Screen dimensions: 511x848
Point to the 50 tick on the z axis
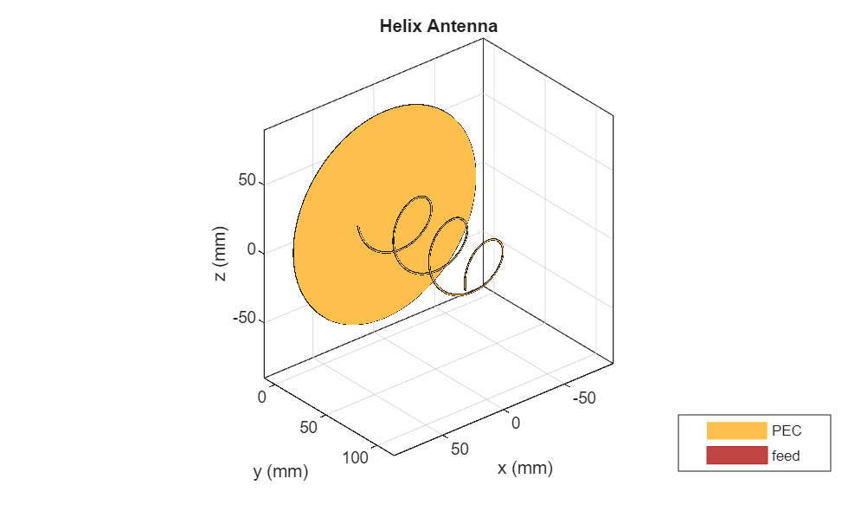pyautogui.click(x=247, y=181)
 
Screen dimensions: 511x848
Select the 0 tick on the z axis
pyautogui.click(x=253, y=250)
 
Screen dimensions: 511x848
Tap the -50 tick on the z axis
pyautogui.click(x=244, y=319)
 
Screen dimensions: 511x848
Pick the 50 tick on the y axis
pyautogui.click(x=310, y=426)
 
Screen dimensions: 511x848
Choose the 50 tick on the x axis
pyautogui.click(x=459, y=449)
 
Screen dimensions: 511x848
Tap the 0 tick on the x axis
pyautogui.click(x=516, y=423)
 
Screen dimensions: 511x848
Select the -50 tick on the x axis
pyautogui.click(x=587, y=398)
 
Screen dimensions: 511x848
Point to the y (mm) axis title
pyautogui.click(x=280, y=472)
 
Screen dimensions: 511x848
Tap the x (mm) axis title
pyautogui.click(x=524, y=469)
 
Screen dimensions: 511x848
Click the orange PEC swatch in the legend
pyautogui.click(x=736, y=430)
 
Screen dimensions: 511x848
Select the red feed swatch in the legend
pyautogui.click(x=736, y=456)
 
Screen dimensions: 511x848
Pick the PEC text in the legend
pyautogui.click(x=786, y=430)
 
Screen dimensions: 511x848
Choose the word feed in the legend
pyautogui.click(x=786, y=456)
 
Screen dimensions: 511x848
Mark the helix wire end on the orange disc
pyautogui.click(x=358, y=228)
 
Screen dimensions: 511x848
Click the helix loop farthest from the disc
pyautogui.click(x=485, y=265)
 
